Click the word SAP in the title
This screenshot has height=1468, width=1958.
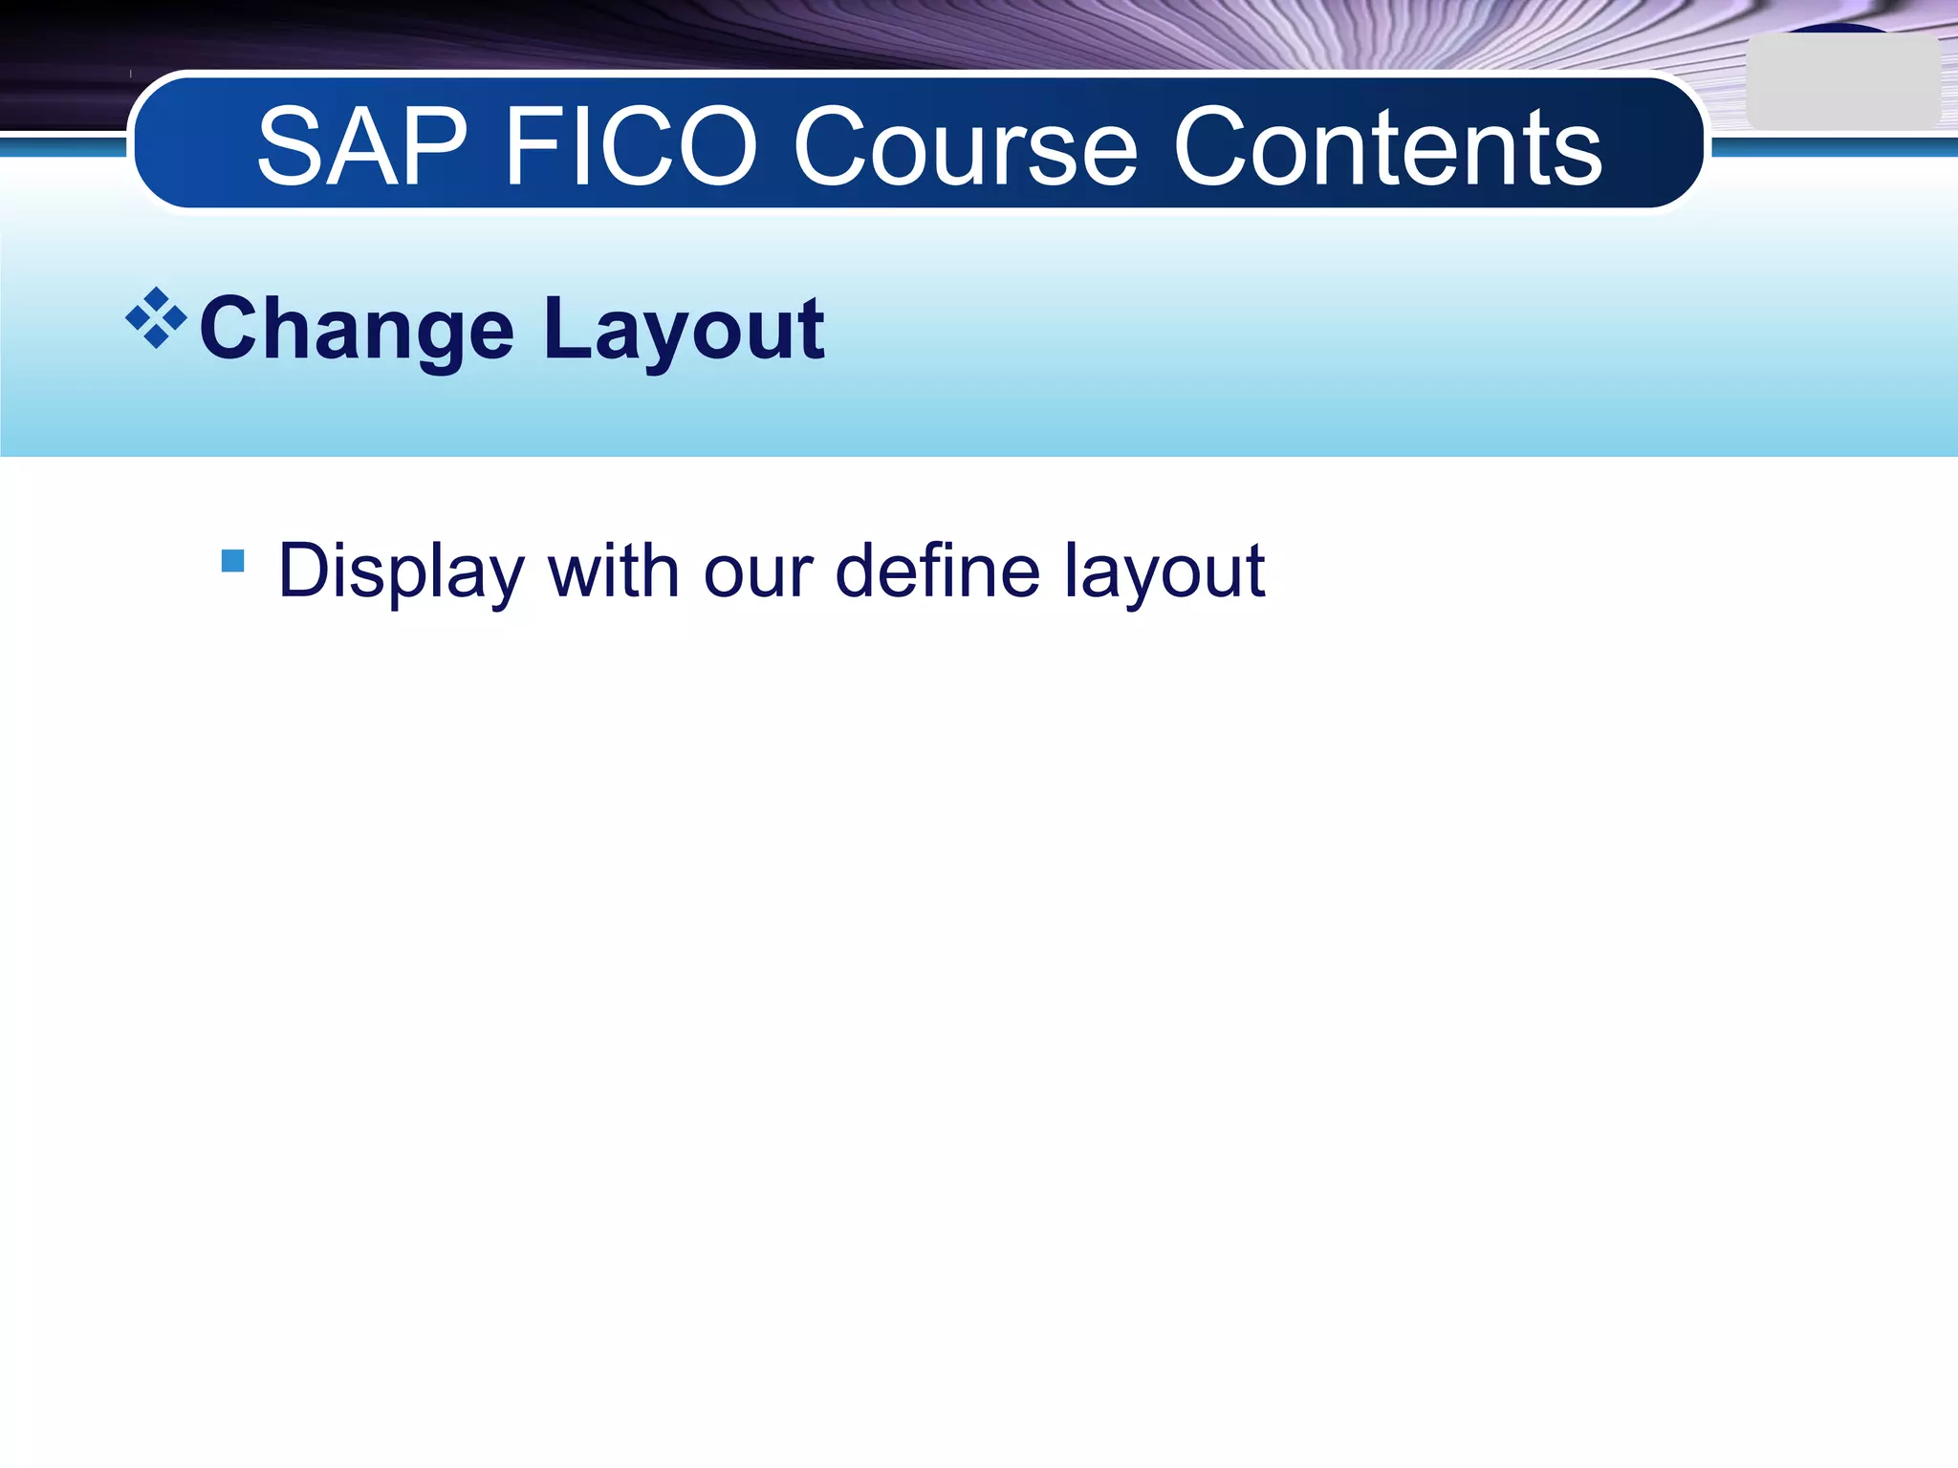(x=361, y=147)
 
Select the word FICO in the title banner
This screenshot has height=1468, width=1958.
(x=630, y=147)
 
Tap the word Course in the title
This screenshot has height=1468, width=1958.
(x=966, y=147)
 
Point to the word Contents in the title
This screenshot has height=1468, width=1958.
(x=1387, y=147)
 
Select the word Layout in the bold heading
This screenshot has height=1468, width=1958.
(x=684, y=330)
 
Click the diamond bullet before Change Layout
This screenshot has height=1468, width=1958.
(x=156, y=317)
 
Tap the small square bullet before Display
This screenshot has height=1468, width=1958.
(x=232, y=560)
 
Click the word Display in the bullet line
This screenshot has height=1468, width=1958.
(x=401, y=572)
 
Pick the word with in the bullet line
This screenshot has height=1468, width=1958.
(x=613, y=572)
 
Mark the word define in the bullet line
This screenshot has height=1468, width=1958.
(x=937, y=572)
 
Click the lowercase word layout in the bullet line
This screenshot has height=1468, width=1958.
(x=1165, y=572)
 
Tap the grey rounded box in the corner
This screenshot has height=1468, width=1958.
(x=1842, y=83)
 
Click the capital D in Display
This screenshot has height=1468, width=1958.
(x=303, y=571)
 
